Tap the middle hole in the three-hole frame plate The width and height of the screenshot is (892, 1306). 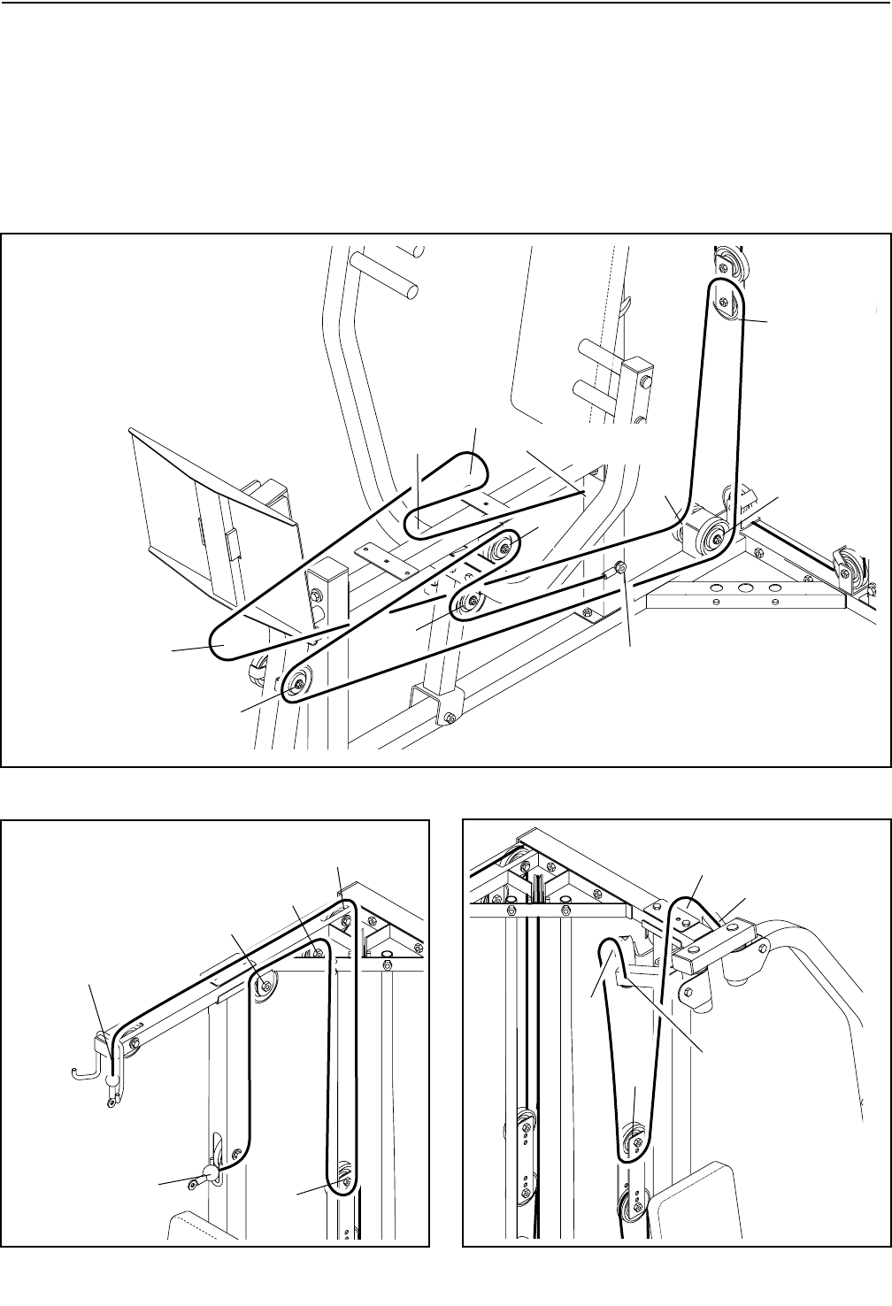point(745,588)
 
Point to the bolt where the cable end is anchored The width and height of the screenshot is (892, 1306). point(620,566)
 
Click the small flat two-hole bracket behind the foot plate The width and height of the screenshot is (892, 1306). point(375,553)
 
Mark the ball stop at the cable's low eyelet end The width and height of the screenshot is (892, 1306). point(210,1174)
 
